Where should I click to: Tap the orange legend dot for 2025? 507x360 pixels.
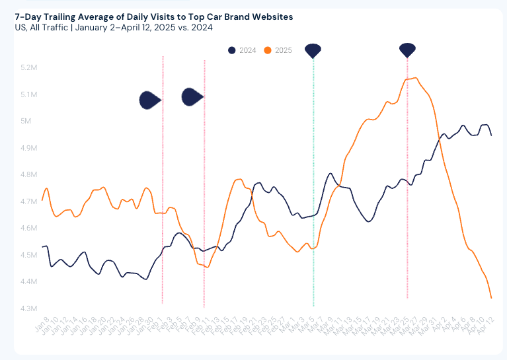point(267,50)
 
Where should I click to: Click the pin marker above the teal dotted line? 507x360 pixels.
point(313,50)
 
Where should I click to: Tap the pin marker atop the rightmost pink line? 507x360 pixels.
point(407,50)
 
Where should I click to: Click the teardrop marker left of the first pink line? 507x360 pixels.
point(150,100)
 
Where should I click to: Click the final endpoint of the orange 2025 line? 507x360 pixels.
point(491,298)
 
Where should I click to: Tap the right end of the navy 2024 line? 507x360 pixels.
point(491,135)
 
